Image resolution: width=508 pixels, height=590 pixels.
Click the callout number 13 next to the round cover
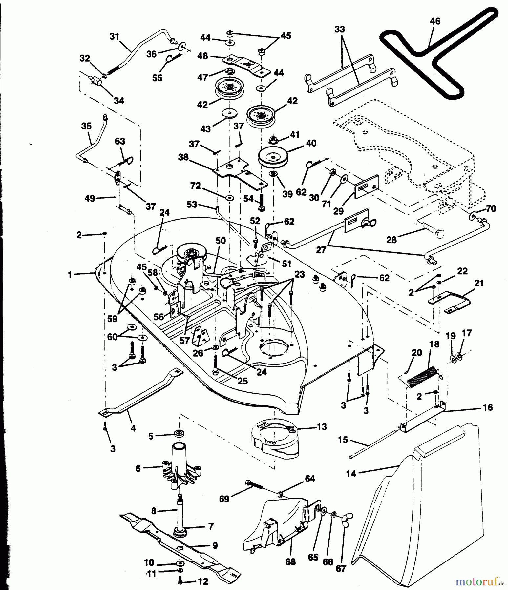pyautogui.click(x=322, y=427)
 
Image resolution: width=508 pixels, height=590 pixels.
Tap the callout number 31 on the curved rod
pyautogui.click(x=114, y=36)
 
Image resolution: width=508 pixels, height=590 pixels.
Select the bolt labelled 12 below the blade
pyautogui.click(x=181, y=581)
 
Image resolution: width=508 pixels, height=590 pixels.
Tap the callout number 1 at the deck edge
pyautogui.click(x=70, y=275)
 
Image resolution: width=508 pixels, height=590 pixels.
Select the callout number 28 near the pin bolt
pyautogui.click(x=392, y=240)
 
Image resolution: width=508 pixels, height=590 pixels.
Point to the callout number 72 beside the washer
pyautogui.click(x=195, y=186)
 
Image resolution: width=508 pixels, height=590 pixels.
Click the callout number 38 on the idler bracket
pyautogui.click(x=183, y=157)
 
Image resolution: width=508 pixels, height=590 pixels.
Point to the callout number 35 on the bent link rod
pyautogui.click(x=86, y=126)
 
